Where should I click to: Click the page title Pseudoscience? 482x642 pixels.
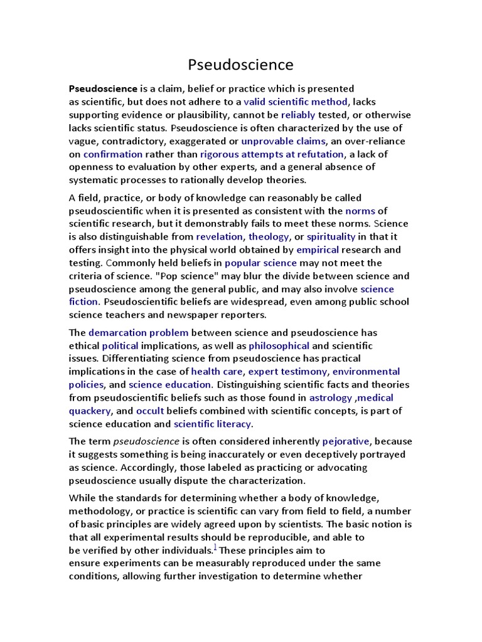(x=241, y=65)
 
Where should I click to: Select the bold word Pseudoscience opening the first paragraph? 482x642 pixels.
(x=103, y=88)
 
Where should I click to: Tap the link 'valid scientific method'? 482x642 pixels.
(x=295, y=102)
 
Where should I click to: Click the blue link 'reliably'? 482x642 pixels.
(x=298, y=115)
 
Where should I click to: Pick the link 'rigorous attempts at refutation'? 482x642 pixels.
(x=272, y=154)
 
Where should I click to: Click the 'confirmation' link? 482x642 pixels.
(x=113, y=154)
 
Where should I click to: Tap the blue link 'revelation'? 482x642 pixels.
(x=219, y=237)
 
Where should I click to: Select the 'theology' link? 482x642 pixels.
(x=269, y=237)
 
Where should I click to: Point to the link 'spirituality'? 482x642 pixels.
(x=331, y=237)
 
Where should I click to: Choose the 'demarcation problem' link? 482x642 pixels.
(x=129, y=333)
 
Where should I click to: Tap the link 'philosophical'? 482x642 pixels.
(x=279, y=346)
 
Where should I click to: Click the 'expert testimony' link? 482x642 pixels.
(x=281, y=372)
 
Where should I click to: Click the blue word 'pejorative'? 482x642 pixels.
(x=346, y=441)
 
